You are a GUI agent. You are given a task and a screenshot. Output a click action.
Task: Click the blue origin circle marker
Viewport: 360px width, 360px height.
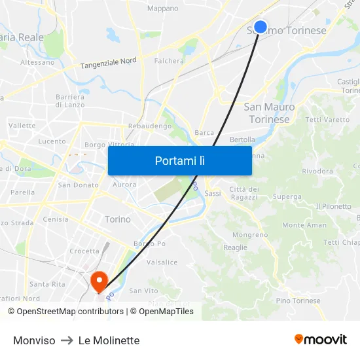(260, 27)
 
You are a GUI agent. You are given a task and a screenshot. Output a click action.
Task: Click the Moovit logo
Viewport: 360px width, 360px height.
(320, 339)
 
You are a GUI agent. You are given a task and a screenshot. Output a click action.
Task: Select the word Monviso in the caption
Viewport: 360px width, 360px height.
(34, 340)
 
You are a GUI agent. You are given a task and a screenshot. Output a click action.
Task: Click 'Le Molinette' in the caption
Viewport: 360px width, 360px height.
(109, 340)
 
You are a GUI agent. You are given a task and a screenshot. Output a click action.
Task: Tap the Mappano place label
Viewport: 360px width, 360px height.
(163, 9)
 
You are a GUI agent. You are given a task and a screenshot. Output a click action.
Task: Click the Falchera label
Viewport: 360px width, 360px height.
(169, 61)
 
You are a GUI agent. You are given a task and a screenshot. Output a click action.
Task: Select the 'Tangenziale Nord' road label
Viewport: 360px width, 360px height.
(109, 63)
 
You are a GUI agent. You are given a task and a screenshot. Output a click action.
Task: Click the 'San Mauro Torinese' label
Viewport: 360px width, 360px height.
(269, 113)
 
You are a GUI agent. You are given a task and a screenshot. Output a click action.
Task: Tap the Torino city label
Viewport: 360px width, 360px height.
(118, 219)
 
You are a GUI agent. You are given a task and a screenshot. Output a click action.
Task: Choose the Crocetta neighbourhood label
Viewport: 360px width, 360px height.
(84, 251)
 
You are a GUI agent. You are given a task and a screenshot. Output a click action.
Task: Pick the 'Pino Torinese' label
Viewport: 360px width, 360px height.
(298, 300)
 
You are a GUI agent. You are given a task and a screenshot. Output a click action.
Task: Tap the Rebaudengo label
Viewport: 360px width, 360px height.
(150, 126)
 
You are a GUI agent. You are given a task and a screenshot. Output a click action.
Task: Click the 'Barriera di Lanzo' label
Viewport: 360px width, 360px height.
(69, 101)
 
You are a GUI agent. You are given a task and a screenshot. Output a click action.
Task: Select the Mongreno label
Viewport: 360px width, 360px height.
(250, 234)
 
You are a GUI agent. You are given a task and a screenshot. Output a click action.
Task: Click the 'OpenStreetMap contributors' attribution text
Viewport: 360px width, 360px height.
(70, 312)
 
